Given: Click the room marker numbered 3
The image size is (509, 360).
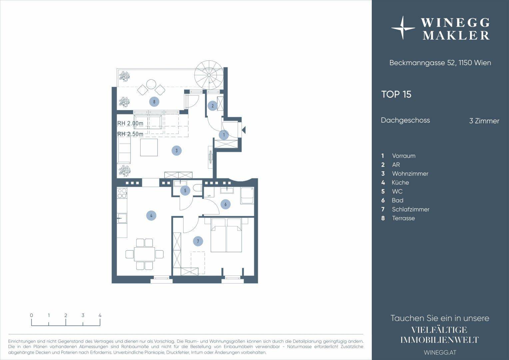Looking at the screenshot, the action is pos(177,151).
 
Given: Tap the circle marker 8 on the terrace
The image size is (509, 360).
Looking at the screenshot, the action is pos(154,102).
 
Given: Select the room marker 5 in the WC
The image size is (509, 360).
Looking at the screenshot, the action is pos(185,191).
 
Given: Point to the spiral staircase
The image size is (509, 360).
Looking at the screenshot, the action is pos(209,75).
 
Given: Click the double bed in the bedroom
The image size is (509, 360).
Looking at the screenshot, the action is pos(226,235).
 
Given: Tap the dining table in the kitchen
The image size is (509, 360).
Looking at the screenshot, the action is pos(144,254).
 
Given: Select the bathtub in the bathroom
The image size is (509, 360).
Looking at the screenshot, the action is pos(247,196).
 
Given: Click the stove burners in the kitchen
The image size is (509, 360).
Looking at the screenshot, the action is pos(122,193).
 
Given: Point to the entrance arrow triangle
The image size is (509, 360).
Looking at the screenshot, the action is pos(244,130).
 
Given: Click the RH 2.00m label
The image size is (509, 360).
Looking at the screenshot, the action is pos(130,123).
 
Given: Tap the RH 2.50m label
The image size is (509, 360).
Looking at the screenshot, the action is pos(130,134).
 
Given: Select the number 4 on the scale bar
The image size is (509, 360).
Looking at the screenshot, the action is pos(100,315).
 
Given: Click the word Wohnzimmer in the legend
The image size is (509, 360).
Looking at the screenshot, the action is pos(410,174).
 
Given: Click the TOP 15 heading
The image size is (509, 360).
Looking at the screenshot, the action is pos(396,94).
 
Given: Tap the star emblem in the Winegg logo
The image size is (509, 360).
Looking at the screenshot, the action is pos(403,28).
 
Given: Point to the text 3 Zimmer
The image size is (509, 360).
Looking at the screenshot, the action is pos(484,121).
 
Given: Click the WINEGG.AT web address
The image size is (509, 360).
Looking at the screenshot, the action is pos(440,352).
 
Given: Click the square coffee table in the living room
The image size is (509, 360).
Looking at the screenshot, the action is pos(149,147).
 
